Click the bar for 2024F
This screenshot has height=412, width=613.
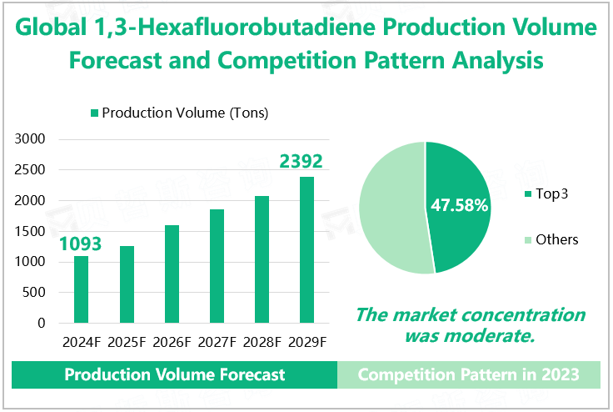tap(81, 289)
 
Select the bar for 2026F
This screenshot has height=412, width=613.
tap(172, 274)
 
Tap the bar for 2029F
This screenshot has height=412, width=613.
tap(306, 250)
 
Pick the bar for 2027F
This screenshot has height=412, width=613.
tap(217, 266)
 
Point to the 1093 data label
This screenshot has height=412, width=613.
tap(80, 244)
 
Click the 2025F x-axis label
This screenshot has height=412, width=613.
tap(126, 342)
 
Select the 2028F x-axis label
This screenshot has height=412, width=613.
tap(262, 342)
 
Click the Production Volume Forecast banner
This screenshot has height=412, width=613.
tap(175, 374)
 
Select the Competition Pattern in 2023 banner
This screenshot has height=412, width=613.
tap(468, 374)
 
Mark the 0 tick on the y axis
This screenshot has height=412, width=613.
tap(41, 323)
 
